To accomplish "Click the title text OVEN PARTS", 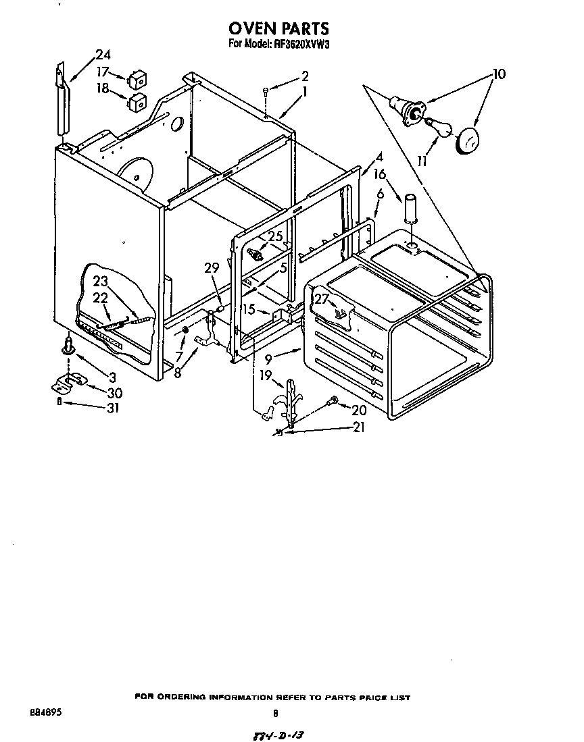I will [279, 28].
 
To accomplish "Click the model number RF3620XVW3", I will [298, 45].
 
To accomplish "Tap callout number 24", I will [102, 55].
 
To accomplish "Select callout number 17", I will [102, 72].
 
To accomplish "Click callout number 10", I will [498, 74].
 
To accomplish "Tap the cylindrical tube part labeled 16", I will [411, 206].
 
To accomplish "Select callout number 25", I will [274, 236].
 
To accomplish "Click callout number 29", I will [212, 268].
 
